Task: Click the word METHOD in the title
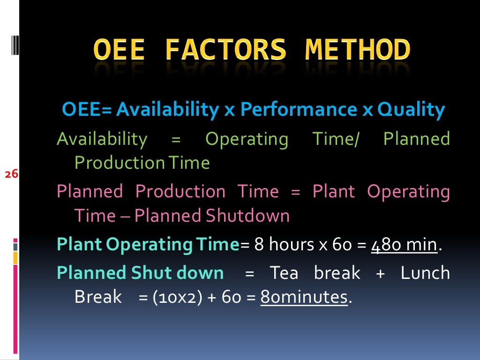(x=358, y=50)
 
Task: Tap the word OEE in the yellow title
(x=119, y=50)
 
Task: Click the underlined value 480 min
(x=404, y=245)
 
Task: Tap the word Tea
(x=284, y=273)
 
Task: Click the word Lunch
(x=425, y=273)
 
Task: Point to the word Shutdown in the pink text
(x=247, y=216)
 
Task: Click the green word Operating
(x=247, y=139)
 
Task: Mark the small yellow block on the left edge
(x=15, y=257)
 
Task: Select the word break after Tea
(x=337, y=273)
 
